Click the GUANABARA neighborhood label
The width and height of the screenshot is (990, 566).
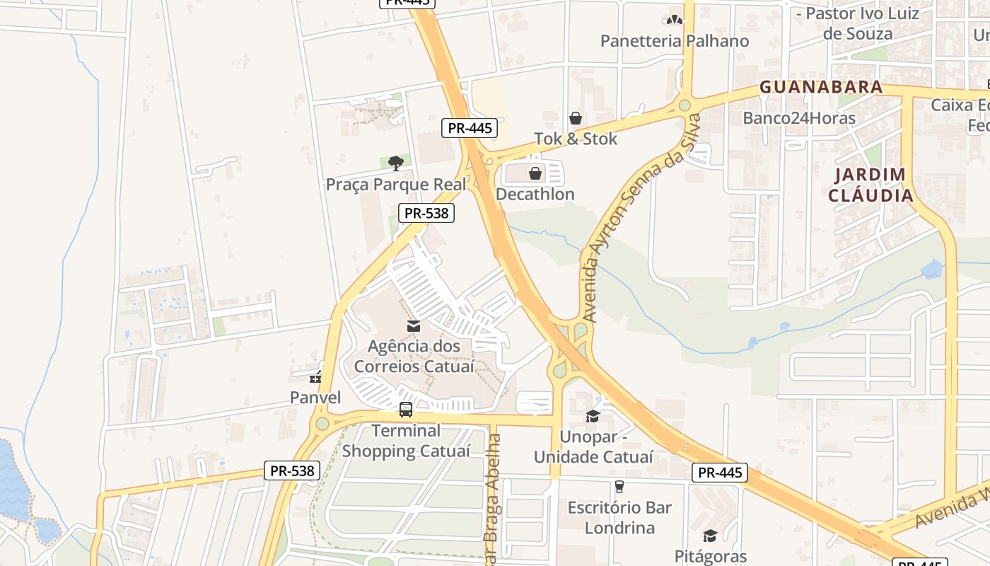(821, 87)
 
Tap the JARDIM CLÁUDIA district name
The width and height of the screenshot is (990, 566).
(870, 185)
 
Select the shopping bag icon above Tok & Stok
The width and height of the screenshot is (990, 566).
(576, 118)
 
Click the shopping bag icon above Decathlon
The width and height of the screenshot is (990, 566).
(535, 173)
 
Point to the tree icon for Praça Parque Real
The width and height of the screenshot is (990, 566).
(396, 163)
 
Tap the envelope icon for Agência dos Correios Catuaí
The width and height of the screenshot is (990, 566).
(413, 325)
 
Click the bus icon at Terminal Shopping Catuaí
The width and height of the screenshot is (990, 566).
(406, 409)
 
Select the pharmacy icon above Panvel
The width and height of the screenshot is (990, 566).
(315, 377)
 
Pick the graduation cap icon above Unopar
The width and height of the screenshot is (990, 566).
(593, 416)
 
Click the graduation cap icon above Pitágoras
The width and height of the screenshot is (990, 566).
(710, 536)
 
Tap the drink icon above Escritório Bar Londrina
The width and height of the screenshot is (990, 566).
(619, 486)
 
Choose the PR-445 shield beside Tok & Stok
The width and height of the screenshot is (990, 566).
(470, 128)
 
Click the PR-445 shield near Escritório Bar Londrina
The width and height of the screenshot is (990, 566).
(719, 473)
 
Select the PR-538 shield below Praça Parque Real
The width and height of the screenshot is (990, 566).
(426, 213)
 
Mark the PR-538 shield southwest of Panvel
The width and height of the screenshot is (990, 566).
(292, 470)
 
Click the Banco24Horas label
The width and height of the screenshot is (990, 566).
(799, 118)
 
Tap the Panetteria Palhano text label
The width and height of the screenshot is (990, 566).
(674, 41)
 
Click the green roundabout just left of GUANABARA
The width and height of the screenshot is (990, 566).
(684, 105)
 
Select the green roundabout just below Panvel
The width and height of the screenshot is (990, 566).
(322, 424)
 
